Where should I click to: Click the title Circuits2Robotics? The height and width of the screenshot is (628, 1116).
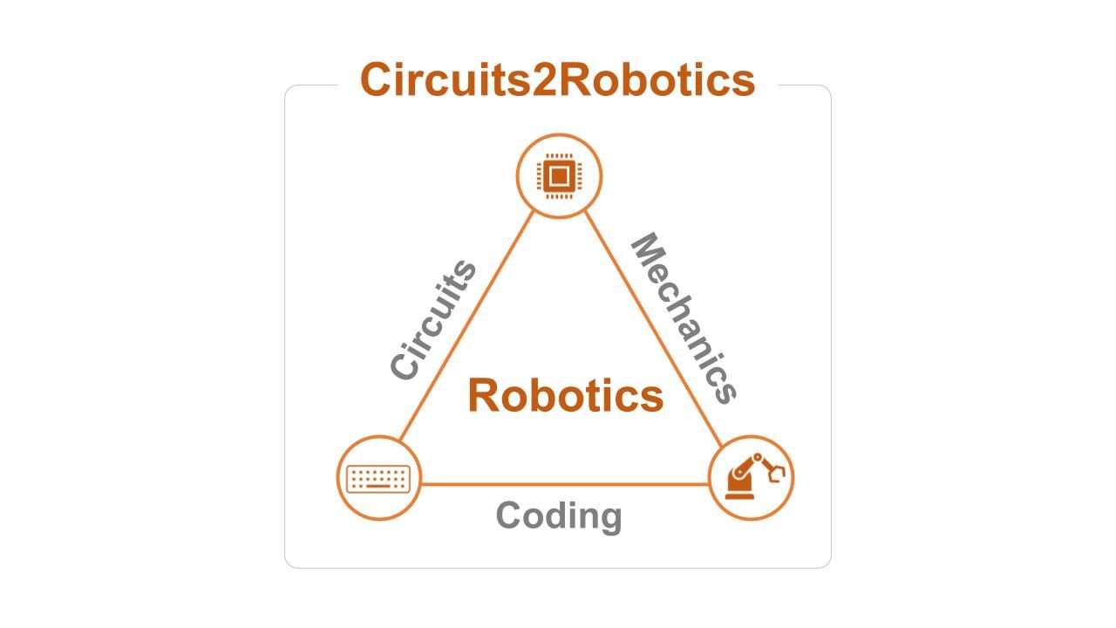[557, 79]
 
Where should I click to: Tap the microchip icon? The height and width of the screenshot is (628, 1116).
[559, 176]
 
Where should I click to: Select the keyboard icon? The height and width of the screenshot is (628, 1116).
[378, 478]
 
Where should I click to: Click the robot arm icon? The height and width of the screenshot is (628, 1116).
[752, 478]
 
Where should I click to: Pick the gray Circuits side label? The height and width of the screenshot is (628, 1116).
[433, 320]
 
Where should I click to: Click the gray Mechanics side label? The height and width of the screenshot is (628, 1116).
[684, 318]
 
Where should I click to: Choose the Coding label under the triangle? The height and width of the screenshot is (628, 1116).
[558, 515]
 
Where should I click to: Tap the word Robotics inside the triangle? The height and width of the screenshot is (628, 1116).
[565, 395]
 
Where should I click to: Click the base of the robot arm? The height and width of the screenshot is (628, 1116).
[740, 494]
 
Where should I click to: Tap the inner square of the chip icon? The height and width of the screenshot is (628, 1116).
[559, 177]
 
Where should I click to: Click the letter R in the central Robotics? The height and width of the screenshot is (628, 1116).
[484, 395]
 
